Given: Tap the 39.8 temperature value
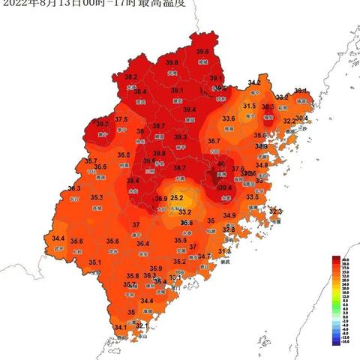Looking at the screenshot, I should point(172,63).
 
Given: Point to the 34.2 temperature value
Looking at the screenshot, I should point(254,82).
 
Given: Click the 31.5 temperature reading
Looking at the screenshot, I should point(250,106).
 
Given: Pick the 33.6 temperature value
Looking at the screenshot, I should point(229,118).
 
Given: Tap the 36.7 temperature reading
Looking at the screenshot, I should point(214,141).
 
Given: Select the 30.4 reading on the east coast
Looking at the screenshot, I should point(301,118).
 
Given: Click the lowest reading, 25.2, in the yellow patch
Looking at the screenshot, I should point(177,198).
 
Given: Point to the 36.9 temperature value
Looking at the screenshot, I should point(161,199).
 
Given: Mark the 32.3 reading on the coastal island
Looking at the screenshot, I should point(275,211).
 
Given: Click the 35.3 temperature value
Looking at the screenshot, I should point(97,198).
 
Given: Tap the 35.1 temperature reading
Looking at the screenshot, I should point(94,262).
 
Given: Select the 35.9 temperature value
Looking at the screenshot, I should point(156,268).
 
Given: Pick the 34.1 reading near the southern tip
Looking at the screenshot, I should point(120,328).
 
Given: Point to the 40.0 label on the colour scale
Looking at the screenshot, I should point(345,259).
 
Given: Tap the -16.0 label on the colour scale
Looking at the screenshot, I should point(345,343).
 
